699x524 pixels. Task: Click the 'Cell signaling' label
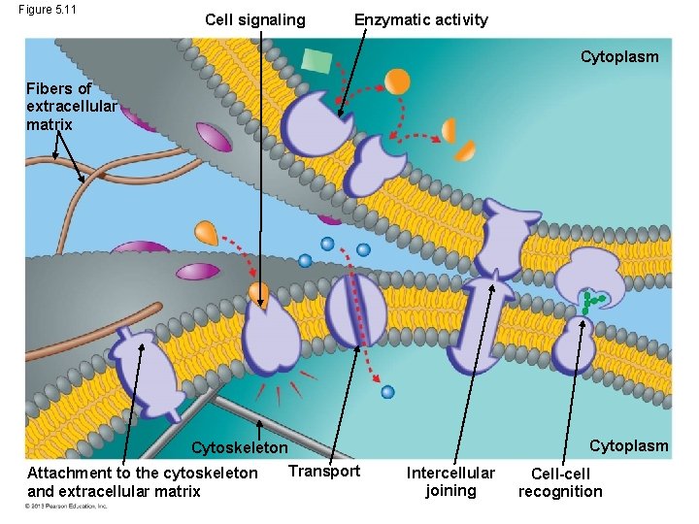[255, 19]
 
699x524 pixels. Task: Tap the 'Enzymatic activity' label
[420, 19]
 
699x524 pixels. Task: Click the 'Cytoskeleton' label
[240, 448]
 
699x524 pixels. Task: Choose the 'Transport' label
[324, 471]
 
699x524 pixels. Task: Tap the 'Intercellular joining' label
[450, 481]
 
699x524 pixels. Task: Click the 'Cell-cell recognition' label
[560, 482]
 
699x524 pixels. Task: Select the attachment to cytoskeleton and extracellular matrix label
[143, 481]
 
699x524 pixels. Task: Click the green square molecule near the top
[316, 60]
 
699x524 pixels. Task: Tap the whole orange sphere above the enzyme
[397, 81]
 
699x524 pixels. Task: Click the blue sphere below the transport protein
[388, 392]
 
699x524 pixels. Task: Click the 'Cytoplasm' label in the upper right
[619, 56]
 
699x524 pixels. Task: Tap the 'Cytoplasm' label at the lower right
[629, 445]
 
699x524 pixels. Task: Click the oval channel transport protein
[355, 309]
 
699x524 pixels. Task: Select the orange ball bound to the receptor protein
[258, 292]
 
